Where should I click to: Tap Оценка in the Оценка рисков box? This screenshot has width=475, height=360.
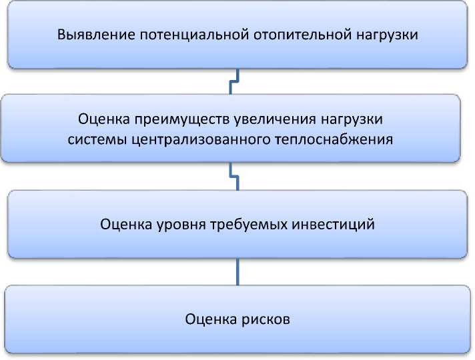point(209,319)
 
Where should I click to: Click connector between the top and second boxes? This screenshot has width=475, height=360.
point(234,81)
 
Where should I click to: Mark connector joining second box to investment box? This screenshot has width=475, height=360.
point(233,177)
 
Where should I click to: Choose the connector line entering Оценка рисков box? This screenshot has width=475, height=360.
point(238,271)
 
